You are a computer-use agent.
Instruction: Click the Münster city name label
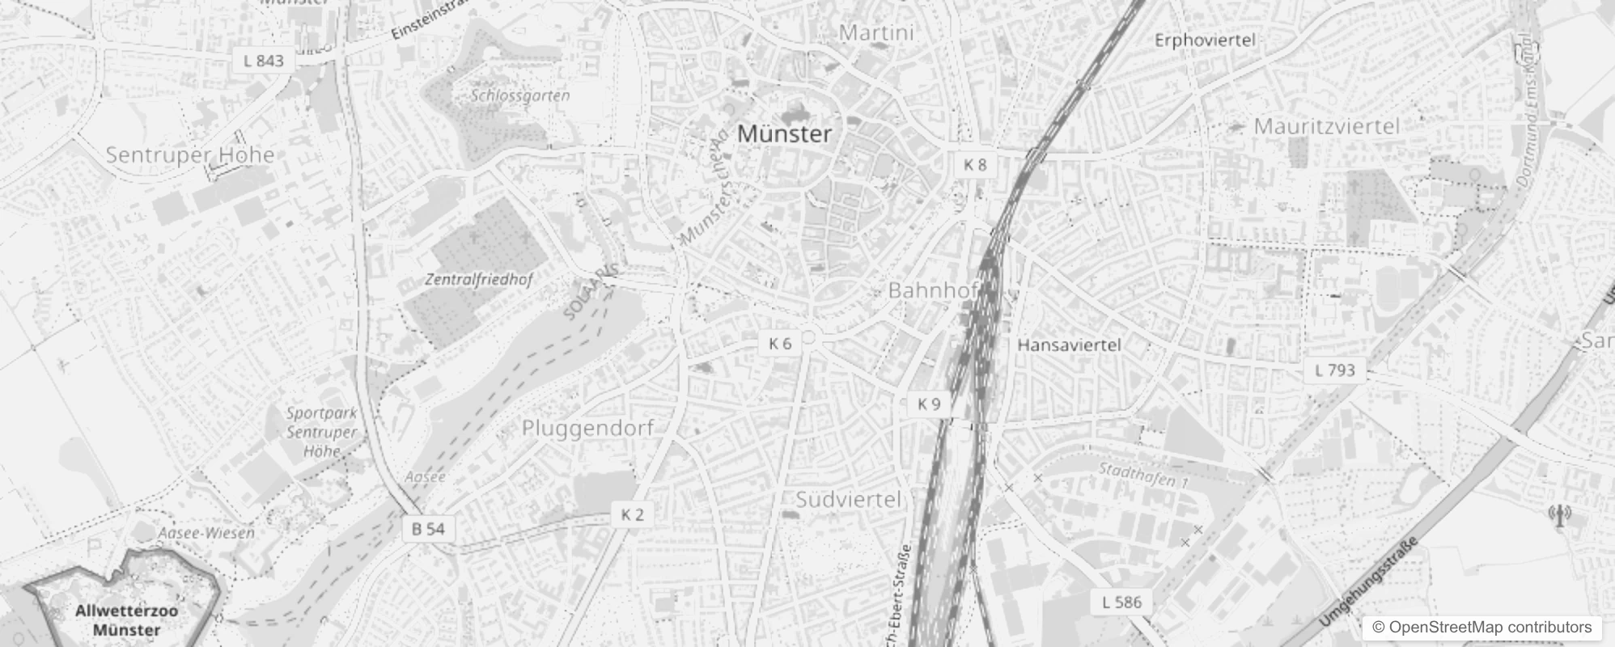point(784,133)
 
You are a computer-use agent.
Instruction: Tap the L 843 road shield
point(264,61)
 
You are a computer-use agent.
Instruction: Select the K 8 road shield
point(975,165)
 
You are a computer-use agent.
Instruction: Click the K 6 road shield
point(780,344)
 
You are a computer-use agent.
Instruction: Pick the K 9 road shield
point(929,404)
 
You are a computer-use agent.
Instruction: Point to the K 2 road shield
point(633,514)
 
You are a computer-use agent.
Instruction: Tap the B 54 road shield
point(428,529)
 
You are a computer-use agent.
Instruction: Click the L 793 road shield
point(1334,370)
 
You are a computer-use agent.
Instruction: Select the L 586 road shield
point(1121,602)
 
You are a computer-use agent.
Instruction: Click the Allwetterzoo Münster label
point(126,620)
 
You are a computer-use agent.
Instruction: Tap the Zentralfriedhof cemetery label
point(479,281)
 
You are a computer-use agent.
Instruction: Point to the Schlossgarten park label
point(520,95)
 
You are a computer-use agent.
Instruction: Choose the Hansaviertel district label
point(1069,345)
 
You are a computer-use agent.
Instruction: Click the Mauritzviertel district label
point(1326,126)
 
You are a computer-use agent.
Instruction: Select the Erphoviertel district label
point(1204,40)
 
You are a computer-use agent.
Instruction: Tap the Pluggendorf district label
point(587,428)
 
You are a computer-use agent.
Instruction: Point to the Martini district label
point(876,33)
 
